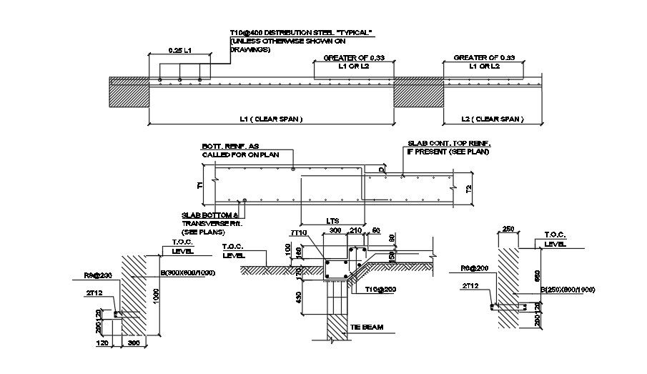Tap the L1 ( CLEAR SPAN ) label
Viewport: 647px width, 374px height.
(x=272, y=119)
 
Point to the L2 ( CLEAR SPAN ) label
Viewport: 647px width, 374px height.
(x=491, y=119)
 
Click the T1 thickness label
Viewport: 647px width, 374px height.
(x=201, y=185)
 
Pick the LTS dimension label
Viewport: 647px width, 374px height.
(x=331, y=221)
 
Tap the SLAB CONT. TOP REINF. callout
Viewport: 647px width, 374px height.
(x=449, y=144)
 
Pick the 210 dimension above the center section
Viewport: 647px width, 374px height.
(x=356, y=232)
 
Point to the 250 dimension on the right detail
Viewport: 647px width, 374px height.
(x=508, y=229)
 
